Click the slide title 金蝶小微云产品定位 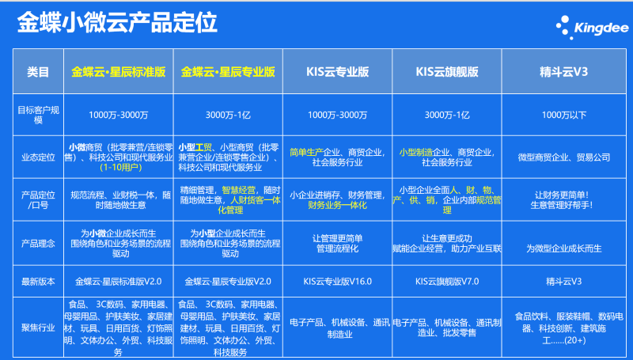coord(118,23)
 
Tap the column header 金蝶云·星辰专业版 coord(228,71)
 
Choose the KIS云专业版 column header coord(338,71)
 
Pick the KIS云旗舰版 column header coord(447,71)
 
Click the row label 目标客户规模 coord(37,114)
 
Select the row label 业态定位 coord(37,157)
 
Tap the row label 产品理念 coord(37,244)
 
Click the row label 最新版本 coord(37,280)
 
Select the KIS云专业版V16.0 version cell coord(338,280)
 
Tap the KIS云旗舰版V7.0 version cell coord(447,280)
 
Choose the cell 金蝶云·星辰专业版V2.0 coord(229,280)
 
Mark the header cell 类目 coord(37,71)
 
